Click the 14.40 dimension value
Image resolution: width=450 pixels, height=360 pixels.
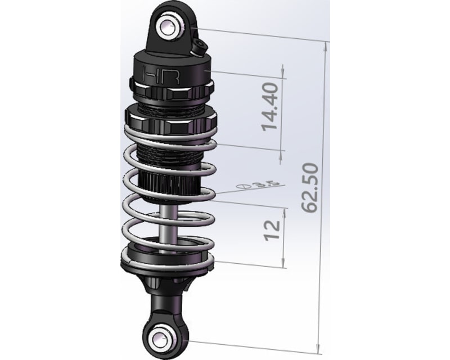tap(271, 106)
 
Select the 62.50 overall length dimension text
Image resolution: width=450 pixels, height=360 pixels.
tap(310, 188)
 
